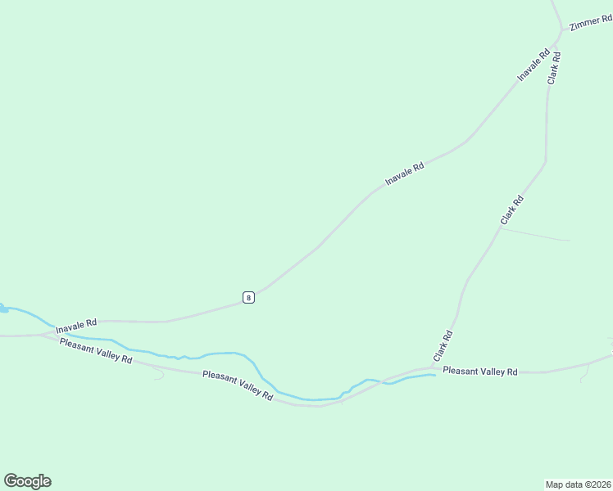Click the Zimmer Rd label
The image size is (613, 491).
tap(586, 22)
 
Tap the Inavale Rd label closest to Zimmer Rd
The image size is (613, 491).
tap(533, 65)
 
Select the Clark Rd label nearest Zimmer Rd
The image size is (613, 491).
tap(554, 68)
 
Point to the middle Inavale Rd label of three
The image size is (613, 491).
tap(405, 173)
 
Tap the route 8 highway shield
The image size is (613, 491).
tap(248, 297)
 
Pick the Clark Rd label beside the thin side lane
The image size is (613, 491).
tap(511, 211)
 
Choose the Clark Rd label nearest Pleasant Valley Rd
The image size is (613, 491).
tap(443, 347)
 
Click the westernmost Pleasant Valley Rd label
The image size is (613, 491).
tap(96, 350)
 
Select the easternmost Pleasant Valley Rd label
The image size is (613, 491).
tap(480, 372)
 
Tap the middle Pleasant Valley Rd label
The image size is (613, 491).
tap(238, 385)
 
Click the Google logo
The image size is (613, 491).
tap(27, 481)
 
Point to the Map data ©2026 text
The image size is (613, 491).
tap(578, 484)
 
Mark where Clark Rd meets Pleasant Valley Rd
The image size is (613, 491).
tap(431, 368)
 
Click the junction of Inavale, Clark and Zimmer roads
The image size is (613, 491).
tap(560, 31)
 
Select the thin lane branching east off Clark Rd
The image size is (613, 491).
tap(537, 235)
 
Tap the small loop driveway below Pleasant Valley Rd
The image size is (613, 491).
tap(157, 373)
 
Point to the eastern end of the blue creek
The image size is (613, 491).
tap(433, 376)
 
